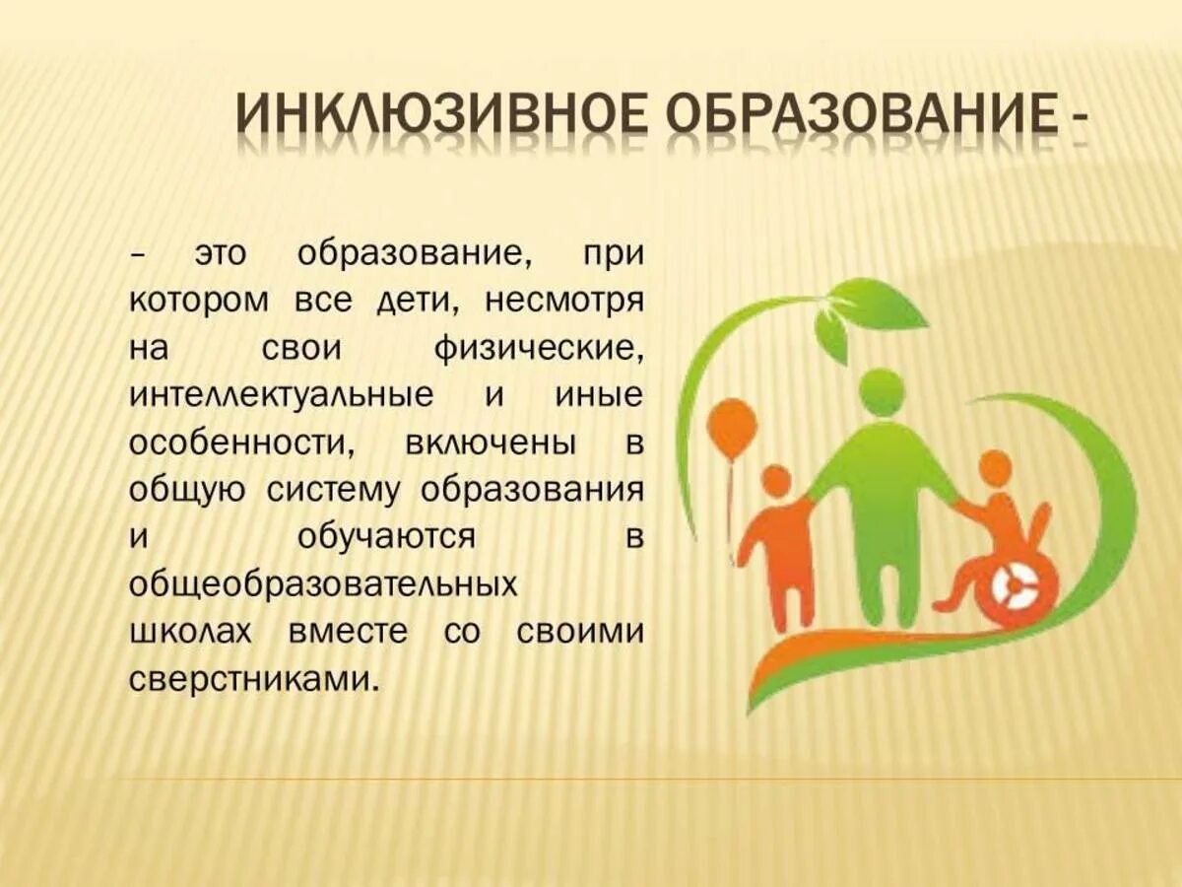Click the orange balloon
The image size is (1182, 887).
pyautogui.click(x=732, y=426)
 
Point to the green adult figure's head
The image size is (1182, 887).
pyautogui.click(x=882, y=391)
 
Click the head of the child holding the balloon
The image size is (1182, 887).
pyautogui.click(x=777, y=482)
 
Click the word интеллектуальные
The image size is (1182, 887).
pyautogui.click(x=281, y=395)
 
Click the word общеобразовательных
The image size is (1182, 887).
pyautogui.click(x=324, y=584)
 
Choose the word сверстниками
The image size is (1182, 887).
pyautogui.click(x=254, y=679)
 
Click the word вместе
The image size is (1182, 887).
pyautogui.click(x=348, y=632)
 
